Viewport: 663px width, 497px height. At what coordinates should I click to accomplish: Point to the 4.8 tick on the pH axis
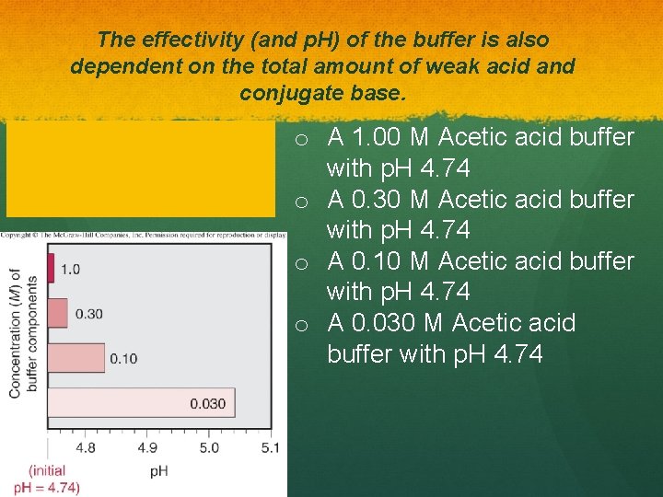click(x=85, y=448)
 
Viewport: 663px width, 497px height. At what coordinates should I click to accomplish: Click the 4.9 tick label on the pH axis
click(x=146, y=448)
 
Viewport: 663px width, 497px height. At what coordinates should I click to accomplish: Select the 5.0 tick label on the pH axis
click(x=209, y=448)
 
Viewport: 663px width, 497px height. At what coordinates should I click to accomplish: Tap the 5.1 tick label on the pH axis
click(x=269, y=448)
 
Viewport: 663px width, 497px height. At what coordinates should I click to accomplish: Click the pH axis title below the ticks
click(x=158, y=470)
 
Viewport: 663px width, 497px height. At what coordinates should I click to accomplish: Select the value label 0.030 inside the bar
click(x=208, y=403)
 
